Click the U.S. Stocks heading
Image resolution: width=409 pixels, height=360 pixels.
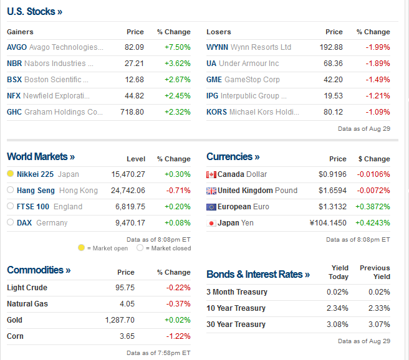pyautogui.click(x=34, y=11)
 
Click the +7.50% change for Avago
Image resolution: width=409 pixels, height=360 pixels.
pyautogui.click(x=177, y=47)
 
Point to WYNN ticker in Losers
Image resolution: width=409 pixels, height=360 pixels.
pyautogui.click(x=217, y=47)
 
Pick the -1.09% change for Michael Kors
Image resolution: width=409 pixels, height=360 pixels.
pyautogui.click(x=378, y=112)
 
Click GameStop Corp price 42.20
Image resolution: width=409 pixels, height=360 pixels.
pyautogui.click(x=334, y=80)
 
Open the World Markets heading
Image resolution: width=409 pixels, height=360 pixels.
pyautogui.click(x=41, y=156)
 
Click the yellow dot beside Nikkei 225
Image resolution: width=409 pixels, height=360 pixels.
pyautogui.click(x=11, y=174)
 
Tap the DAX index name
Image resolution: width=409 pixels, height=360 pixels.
pyautogui.click(x=24, y=222)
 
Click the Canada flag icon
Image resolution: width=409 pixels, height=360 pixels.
pyautogui.click(x=211, y=174)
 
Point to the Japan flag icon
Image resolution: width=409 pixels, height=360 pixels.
pyautogui.click(x=211, y=223)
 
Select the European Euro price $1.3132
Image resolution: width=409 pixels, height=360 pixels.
pyautogui.click(x=333, y=207)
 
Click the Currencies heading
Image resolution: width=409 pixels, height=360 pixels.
pyautogui.click(x=233, y=156)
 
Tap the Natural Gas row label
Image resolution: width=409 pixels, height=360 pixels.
pyautogui.click(x=27, y=304)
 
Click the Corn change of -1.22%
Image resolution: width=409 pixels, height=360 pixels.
pyautogui.click(x=178, y=336)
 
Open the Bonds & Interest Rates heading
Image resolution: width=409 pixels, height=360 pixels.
pyautogui.click(x=258, y=274)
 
